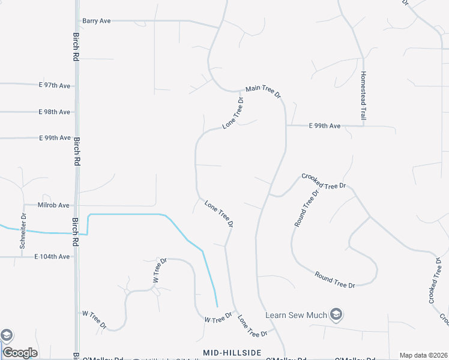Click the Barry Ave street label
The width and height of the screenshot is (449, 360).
click(x=97, y=21)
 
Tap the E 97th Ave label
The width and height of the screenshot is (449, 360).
click(x=55, y=86)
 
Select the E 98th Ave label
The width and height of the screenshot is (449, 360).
click(x=55, y=112)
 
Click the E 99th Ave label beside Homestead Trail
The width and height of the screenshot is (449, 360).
click(x=325, y=126)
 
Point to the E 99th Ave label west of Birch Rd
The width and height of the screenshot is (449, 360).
click(x=55, y=138)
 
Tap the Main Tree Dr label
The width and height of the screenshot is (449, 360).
click(x=263, y=91)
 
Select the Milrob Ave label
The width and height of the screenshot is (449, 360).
click(x=54, y=205)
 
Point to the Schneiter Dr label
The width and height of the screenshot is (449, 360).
click(x=23, y=231)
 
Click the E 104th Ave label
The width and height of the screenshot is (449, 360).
click(x=52, y=257)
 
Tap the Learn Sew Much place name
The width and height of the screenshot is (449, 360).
click(x=297, y=315)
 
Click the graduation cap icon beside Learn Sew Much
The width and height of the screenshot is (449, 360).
click(x=337, y=314)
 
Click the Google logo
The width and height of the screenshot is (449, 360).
click(x=20, y=353)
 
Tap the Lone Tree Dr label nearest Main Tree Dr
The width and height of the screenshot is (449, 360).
click(x=234, y=114)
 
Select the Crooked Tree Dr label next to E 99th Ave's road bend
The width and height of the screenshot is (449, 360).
click(x=324, y=182)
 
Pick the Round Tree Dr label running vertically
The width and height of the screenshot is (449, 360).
click(x=304, y=208)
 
